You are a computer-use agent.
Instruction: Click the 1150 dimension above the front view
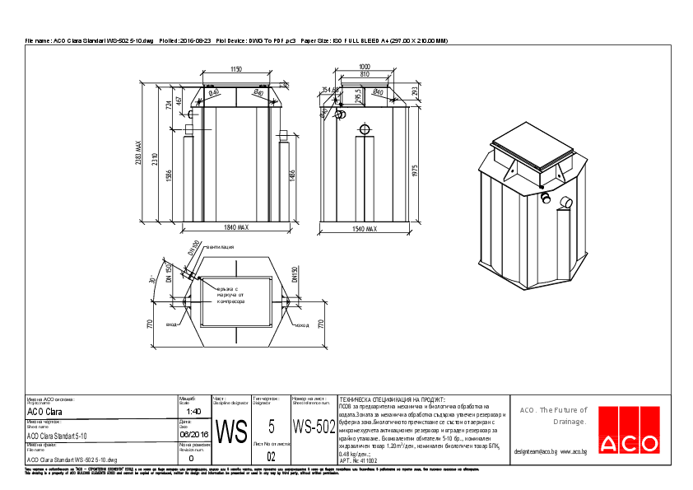(236, 69)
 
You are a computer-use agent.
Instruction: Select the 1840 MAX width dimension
(235, 227)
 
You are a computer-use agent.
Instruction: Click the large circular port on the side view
(364, 129)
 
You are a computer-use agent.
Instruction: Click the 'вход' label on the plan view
(171, 324)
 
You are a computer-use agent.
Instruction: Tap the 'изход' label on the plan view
(301, 325)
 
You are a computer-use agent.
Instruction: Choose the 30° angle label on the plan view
(151, 281)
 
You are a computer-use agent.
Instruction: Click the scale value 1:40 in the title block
(193, 411)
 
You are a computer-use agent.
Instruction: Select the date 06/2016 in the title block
(193, 433)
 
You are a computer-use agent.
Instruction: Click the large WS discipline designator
(231, 431)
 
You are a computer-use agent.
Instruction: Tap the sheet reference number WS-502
(314, 427)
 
